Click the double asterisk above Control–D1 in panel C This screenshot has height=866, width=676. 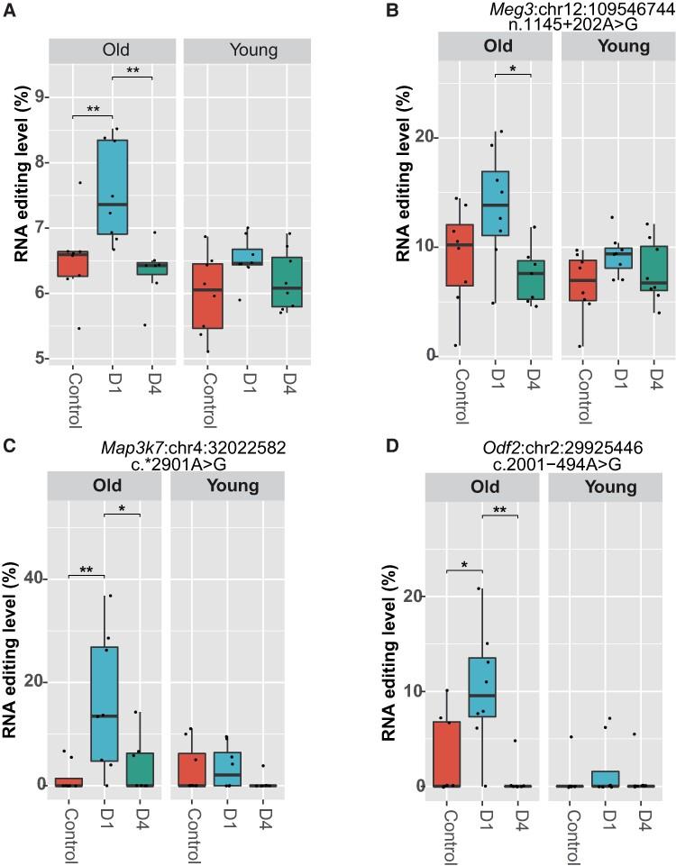pos(86,570)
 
